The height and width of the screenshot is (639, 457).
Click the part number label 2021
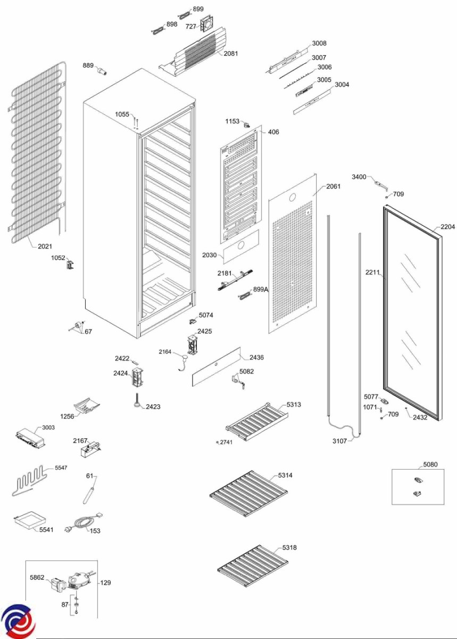tap(45, 246)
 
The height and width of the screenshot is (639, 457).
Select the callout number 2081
tap(231, 54)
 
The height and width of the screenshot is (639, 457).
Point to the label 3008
tap(319, 44)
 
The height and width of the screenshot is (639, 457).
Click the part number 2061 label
tap(334, 186)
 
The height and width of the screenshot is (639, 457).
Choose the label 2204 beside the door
tap(448, 227)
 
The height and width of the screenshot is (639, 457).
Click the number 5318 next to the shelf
tap(289, 547)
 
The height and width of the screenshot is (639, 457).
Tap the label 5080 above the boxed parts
tap(430, 464)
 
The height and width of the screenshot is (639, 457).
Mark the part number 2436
tap(256, 357)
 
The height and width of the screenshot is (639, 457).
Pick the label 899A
tap(261, 289)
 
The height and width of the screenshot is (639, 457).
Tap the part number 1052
tap(58, 258)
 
